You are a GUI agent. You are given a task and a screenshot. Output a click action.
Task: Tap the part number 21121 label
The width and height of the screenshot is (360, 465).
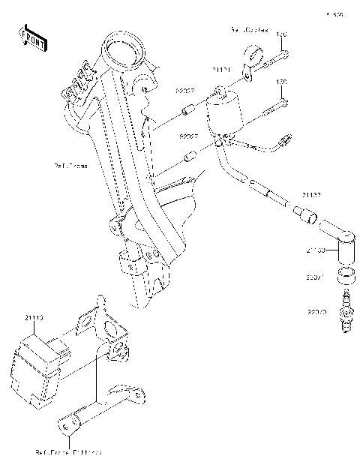click(221, 70)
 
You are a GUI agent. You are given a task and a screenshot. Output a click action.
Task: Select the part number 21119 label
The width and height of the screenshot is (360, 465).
click(34, 318)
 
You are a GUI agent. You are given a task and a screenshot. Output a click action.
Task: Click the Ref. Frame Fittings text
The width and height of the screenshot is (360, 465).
click(69, 453)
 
